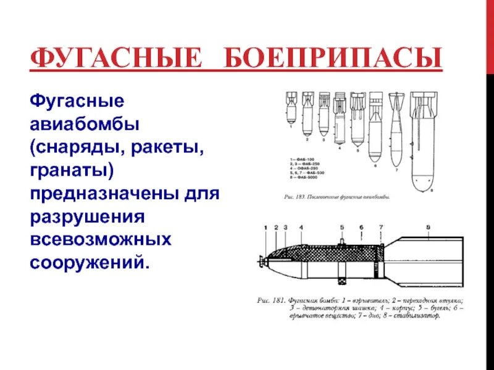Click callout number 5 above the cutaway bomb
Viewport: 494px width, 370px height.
click(341, 228)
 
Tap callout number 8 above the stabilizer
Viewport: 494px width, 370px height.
click(428, 228)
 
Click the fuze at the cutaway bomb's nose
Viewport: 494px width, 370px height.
click(262, 263)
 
